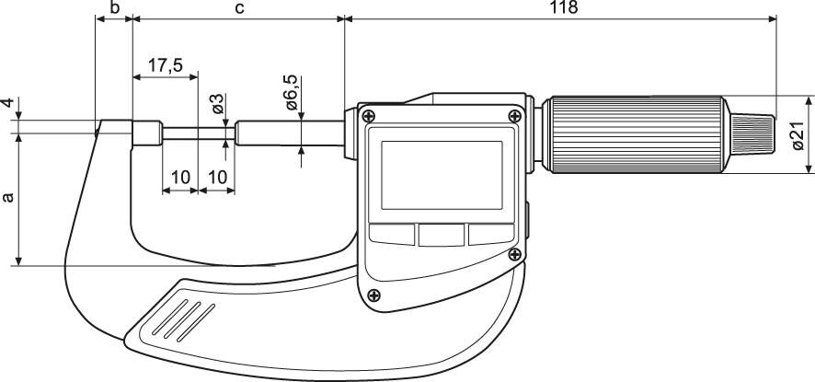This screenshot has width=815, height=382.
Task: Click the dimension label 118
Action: coord(563,7)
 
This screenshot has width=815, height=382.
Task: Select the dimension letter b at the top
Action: coord(113,7)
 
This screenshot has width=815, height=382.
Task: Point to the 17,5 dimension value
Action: coord(165,65)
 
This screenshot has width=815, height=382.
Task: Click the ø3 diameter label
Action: coord(217,104)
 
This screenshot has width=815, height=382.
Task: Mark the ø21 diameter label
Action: coord(797,134)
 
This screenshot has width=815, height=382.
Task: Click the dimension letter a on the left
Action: coord(9,198)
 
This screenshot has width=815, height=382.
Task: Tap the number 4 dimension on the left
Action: coord(7,105)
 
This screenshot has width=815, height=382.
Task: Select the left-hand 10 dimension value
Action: coord(180,176)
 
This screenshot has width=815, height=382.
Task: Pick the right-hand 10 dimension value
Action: coord(217,176)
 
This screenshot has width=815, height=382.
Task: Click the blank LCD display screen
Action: coord(441,173)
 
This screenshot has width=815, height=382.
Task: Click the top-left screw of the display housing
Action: coord(369,116)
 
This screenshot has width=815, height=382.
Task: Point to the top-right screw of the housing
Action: coord(512,114)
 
